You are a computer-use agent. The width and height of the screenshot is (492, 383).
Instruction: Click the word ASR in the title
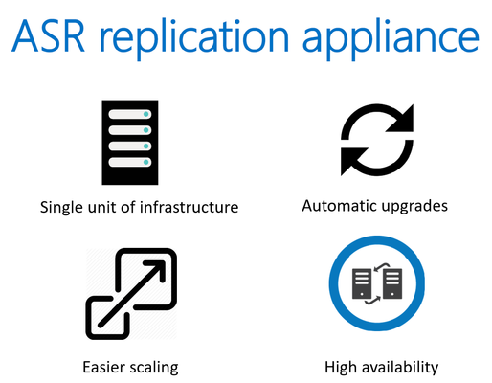[48, 35]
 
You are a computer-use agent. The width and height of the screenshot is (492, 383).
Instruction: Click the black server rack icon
[130, 143]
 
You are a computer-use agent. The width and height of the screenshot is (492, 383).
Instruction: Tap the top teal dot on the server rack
[146, 114]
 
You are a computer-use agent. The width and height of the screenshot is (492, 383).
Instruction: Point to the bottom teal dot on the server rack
[146, 162]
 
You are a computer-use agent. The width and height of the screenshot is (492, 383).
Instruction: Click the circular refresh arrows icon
[377, 140]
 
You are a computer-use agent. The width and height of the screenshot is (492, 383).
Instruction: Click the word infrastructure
[189, 207]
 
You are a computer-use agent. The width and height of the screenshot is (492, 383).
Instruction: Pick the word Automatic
[339, 206]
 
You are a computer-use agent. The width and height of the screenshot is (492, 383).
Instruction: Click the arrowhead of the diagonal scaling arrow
[158, 268]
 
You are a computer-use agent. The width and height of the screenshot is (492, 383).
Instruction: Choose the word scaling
[154, 368]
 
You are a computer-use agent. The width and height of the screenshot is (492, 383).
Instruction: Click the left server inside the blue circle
[362, 283]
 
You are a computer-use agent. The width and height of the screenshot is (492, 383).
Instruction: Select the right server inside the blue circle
[392, 283]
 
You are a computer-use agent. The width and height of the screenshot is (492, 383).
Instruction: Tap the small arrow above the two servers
[382, 267]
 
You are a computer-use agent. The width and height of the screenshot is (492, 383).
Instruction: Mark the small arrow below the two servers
[372, 301]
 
